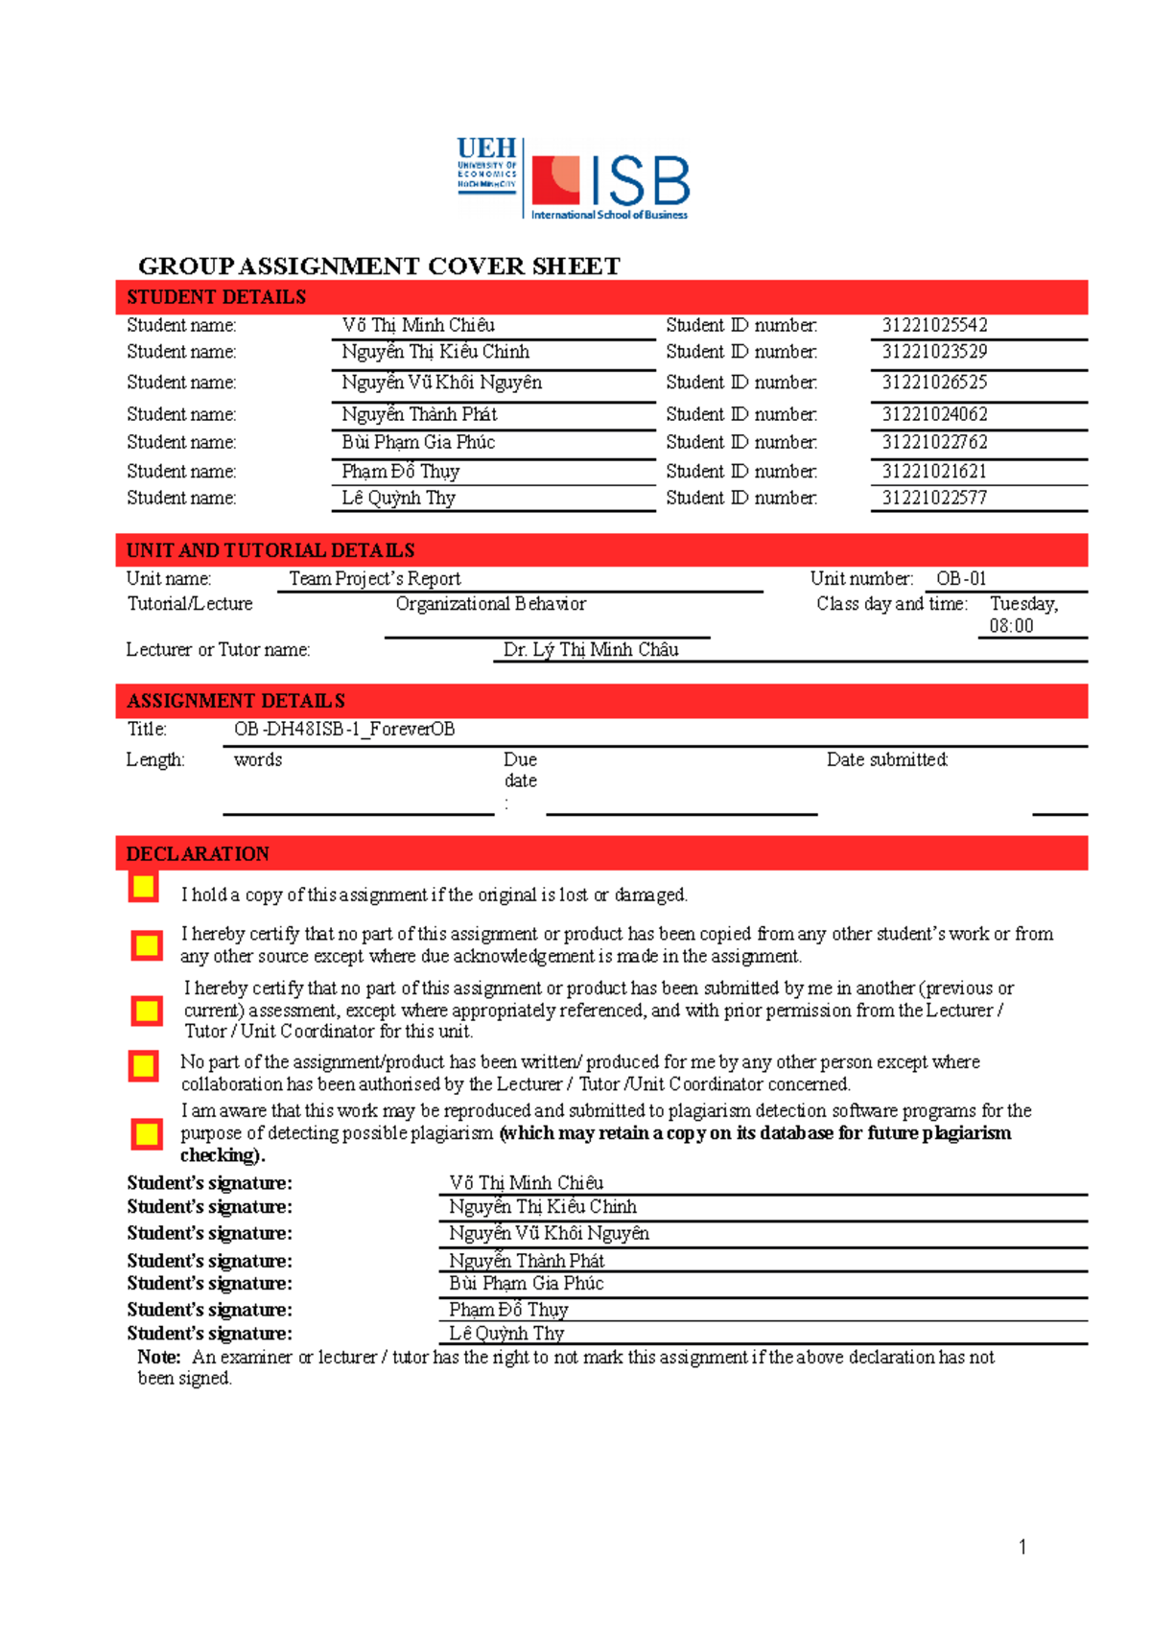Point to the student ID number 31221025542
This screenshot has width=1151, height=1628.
coord(934,325)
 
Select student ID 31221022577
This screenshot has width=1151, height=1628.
coord(934,498)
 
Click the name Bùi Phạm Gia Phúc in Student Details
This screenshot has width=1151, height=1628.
coord(418,442)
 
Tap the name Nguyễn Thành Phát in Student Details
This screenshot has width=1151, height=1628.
coord(419,414)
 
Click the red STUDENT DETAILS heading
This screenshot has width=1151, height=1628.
coord(217,297)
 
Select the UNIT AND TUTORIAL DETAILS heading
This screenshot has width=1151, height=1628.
coord(270,550)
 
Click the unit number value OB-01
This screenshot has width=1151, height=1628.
coord(961,578)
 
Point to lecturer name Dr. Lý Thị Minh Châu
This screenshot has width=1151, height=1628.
coord(591,649)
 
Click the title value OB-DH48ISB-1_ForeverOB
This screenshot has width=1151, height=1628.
coord(344,729)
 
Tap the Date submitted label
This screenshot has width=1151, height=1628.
coord(887,759)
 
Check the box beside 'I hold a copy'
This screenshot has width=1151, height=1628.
coord(144,887)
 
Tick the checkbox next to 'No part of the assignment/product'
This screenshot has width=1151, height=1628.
coord(144,1065)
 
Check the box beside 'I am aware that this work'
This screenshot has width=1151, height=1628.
coord(147,1134)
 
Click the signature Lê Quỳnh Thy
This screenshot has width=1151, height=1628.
coord(506,1333)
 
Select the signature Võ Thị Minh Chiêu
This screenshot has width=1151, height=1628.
coord(526,1182)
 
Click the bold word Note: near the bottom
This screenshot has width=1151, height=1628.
coord(158,1357)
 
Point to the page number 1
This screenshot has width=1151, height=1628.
coord(1022,1546)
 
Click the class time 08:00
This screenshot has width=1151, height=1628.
coord(1011,626)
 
